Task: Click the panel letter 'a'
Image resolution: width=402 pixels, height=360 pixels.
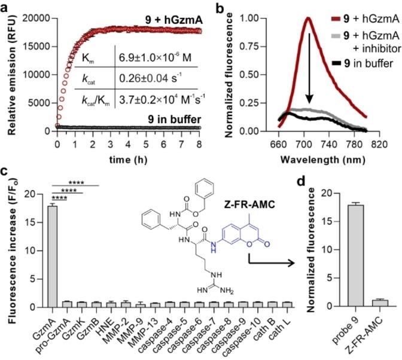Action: point(5,7)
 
